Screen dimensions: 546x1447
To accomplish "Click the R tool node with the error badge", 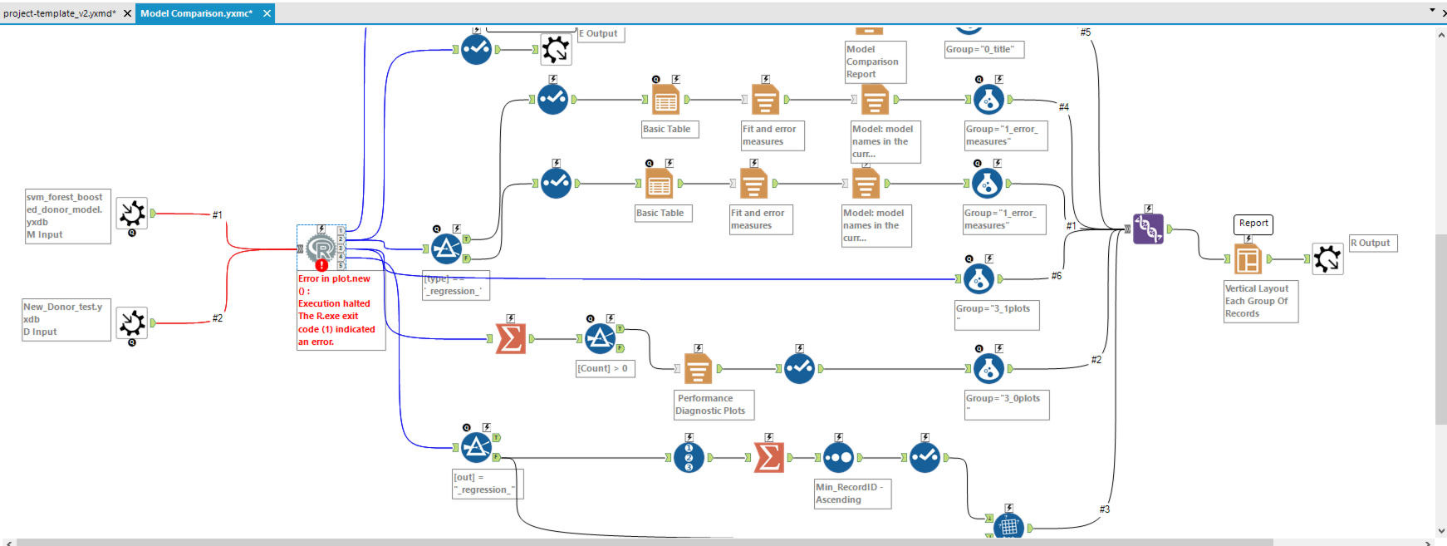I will [x=321, y=247].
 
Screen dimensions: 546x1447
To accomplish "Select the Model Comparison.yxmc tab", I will [x=197, y=13].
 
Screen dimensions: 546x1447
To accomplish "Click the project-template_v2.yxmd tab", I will [x=60, y=13].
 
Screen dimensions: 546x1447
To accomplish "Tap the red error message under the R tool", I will [x=336, y=310].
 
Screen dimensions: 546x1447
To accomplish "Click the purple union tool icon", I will [x=1148, y=228].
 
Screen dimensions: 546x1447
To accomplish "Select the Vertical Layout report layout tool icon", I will [x=1248, y=259].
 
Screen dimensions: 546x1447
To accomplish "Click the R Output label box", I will [x=1373, y=243].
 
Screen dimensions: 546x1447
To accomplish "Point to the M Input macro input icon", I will [x=132, y=214].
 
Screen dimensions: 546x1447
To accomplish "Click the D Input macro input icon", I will [x=132, y=322].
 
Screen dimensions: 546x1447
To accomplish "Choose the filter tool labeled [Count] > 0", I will [x=601, y=338].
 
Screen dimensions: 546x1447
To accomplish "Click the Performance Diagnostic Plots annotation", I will [x=714, y=405].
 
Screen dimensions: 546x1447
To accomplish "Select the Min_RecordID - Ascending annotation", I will [x=851, y=494].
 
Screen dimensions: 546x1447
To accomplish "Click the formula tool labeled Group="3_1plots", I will [x=979, y=279].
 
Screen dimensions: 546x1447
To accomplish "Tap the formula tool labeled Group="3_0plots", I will [x=988, y=368].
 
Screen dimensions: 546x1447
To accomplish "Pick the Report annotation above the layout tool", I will [x=1253, y=224].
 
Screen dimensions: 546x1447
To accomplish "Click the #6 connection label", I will [x=1057, y=276].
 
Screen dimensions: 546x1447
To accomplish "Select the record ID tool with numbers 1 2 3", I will [x=689, y=457].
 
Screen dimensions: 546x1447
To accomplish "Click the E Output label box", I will [x=601, y=34].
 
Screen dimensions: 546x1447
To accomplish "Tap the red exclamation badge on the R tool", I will [x=321, y=265].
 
